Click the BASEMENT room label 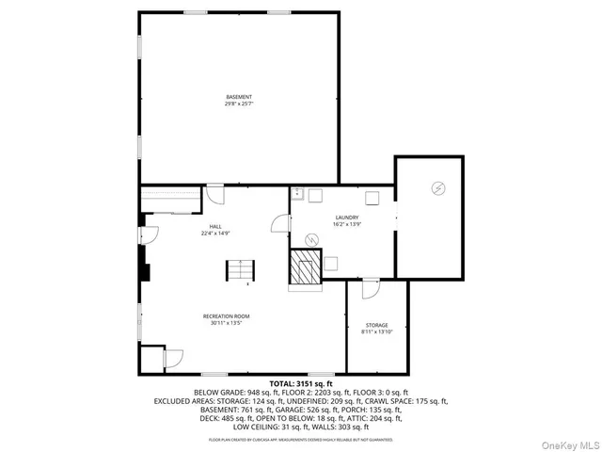point(239,97)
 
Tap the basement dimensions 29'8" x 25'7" point(239,104)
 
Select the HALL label point(215,226)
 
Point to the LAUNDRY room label point(347,218)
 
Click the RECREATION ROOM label point(227,315)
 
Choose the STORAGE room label point(376,325)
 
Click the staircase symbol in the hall point(239,270)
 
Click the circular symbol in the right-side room point(436,188)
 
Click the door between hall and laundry point(279,223)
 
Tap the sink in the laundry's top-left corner point(296,194)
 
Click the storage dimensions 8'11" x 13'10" point(376,331)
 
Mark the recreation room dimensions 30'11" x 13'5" point(227,322)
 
